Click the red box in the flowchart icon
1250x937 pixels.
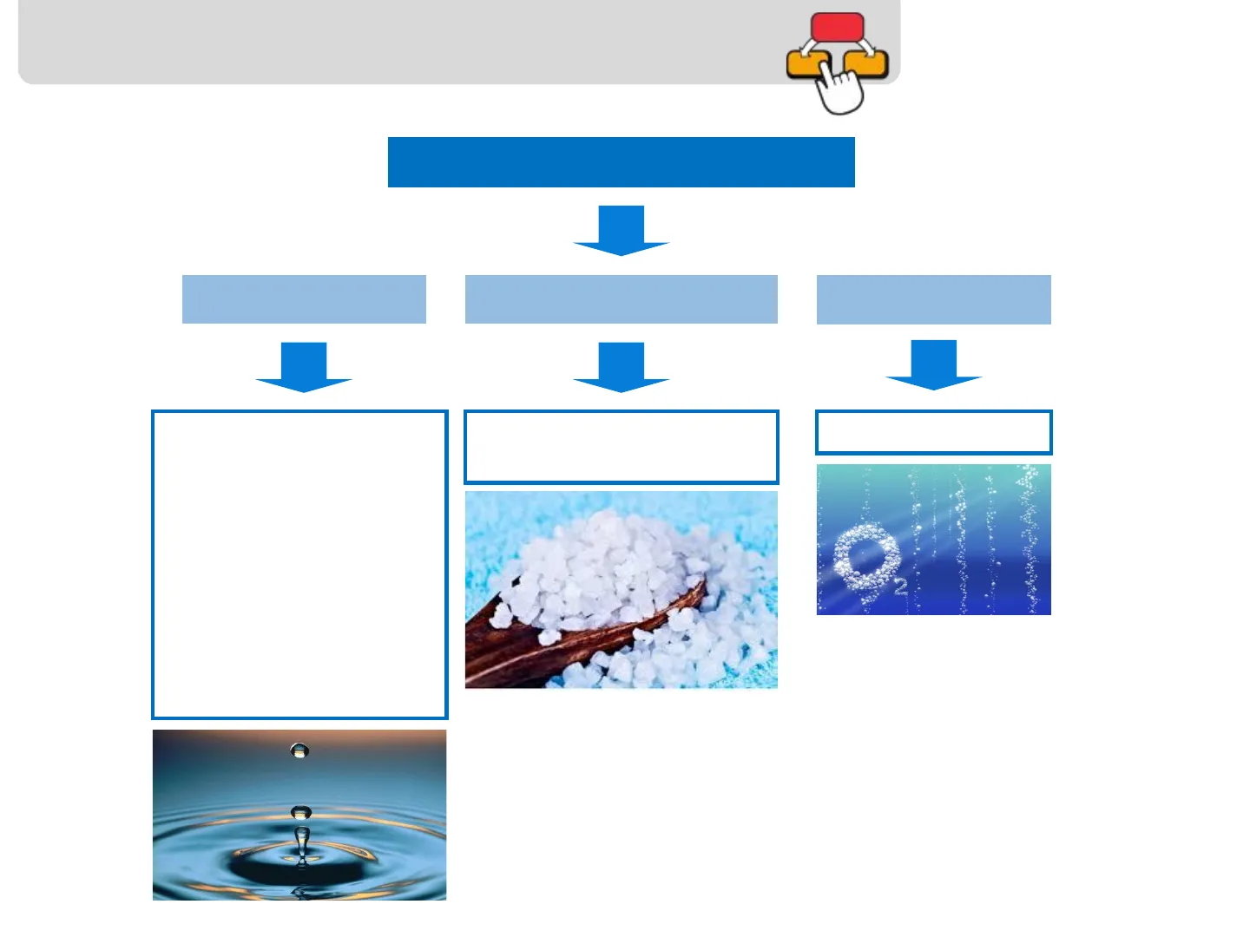(x=837, y=26)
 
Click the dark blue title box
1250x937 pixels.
(x=621, y=162)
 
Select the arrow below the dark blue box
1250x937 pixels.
(x=621, y=231)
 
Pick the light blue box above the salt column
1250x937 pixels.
(x=621, y=299)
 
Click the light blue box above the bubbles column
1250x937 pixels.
(x=933, y=299)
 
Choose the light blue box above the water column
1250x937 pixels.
(x=304, y=299)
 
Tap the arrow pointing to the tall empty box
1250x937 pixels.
(x=304, y=367)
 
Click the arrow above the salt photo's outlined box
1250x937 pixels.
(x=621, y=367)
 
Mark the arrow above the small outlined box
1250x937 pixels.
(x=933, y=364)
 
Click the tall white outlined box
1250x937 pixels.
(x=299, y=564)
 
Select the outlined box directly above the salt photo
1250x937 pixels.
(x=621, y=447)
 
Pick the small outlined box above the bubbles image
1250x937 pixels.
(x=933, y=432)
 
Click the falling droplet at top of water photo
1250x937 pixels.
(x=299, y=750)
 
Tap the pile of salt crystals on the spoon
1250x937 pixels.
(x=608, y=573)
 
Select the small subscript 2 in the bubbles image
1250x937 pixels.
(x=900, y=587)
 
